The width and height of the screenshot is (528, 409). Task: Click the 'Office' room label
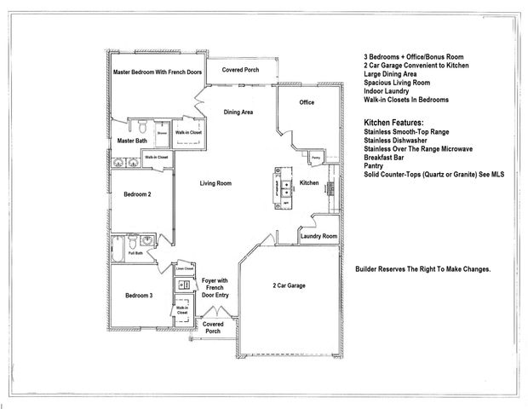(x=307, y=102)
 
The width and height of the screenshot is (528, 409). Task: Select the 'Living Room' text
(x=217, y=183)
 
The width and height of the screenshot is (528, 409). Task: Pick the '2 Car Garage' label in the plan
(x=289, y=285)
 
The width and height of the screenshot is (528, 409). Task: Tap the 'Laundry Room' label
(x=319, y=236)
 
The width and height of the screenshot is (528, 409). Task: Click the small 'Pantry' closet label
(x=315, y=158)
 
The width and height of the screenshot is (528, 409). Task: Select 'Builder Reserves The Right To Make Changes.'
(x=422, y=269)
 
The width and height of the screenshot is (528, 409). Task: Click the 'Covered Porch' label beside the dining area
(x=240, y=69)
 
